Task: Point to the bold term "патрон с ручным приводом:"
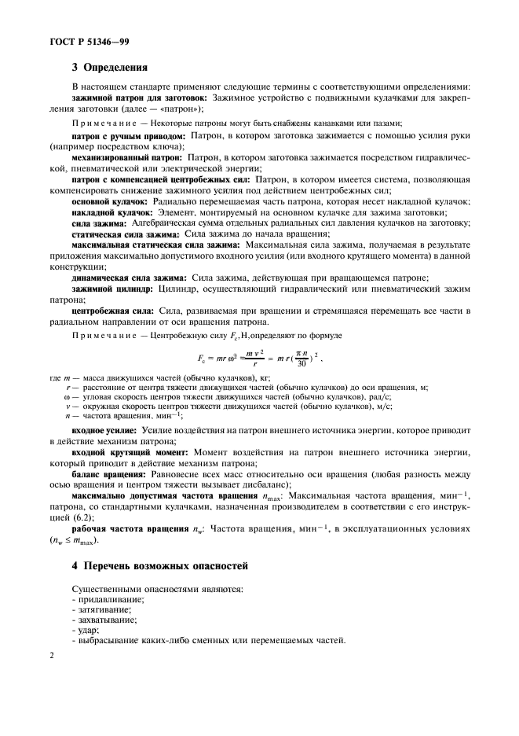128,137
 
